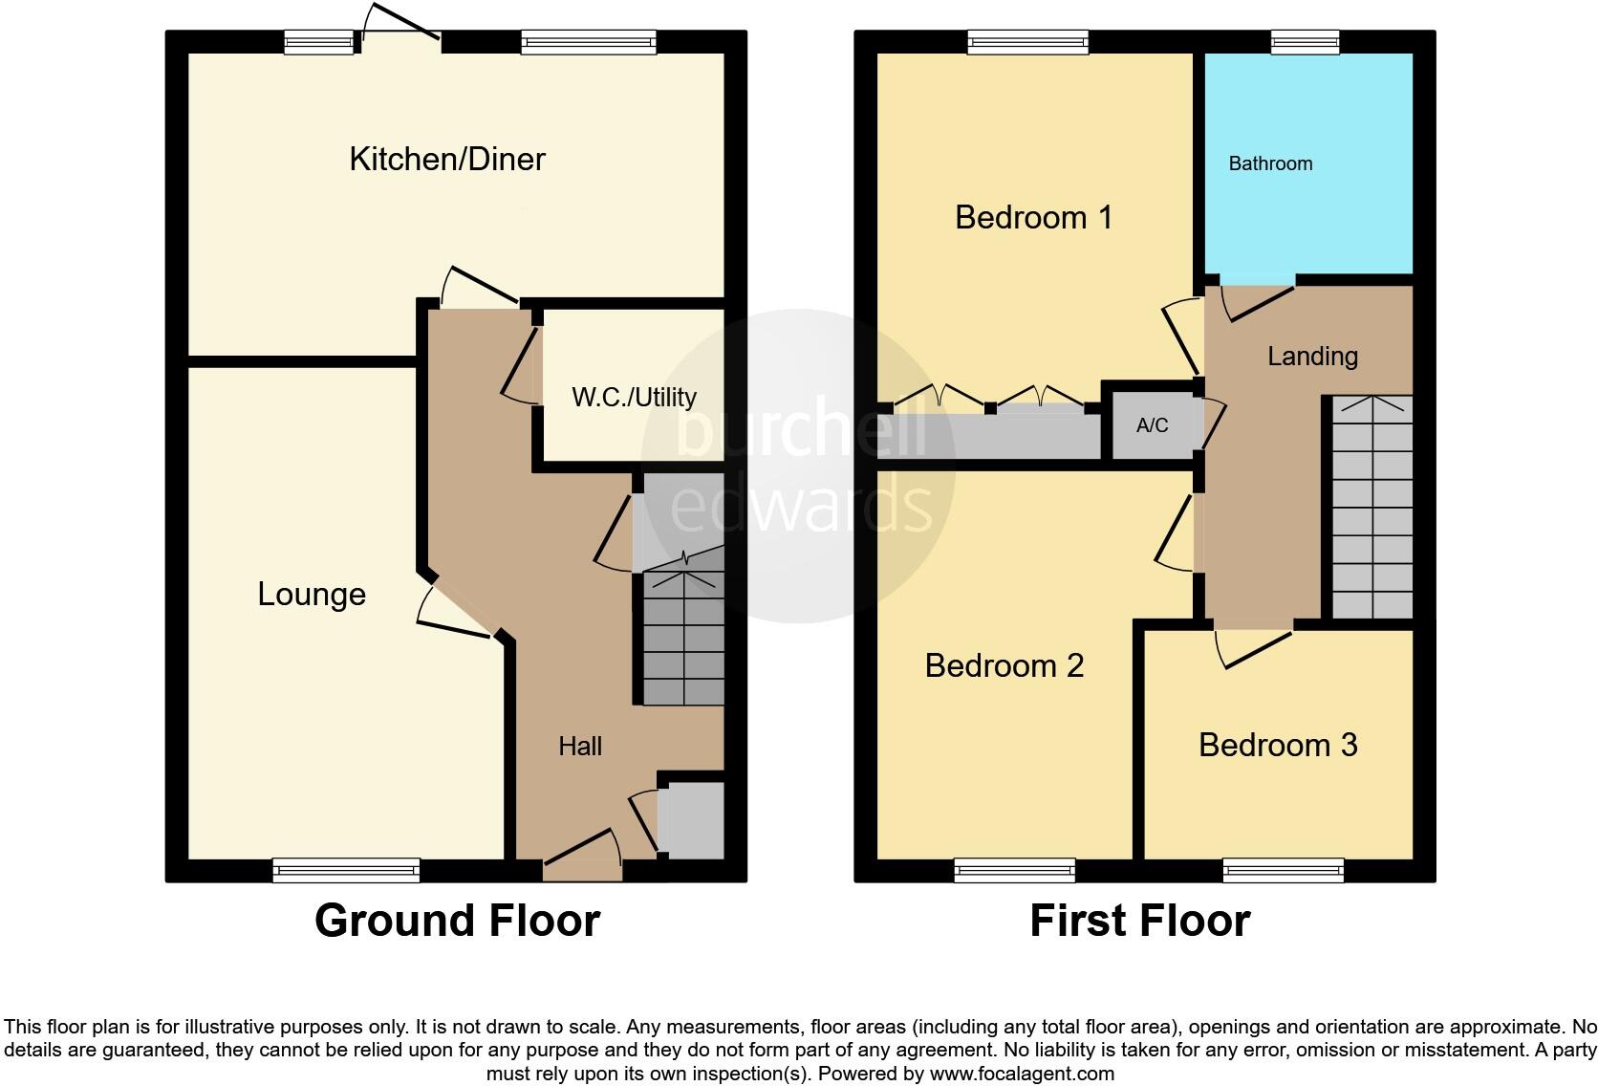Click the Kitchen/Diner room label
(x=447, y=159)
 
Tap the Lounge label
(x=312, y=595)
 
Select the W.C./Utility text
(x=634, y=398)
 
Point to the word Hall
(x=580, y=747)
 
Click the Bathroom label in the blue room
(x=1270, y=163)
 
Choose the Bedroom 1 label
(x=1033, y=218)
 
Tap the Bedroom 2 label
(x=1004, y=665)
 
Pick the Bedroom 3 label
(x=1278, y=745)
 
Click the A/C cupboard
(x=1152, y=425)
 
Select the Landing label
(x=1312, y=357)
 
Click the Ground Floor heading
(x=457, y=921)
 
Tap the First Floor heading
(x=1139, y=921)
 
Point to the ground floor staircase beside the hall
(x=682, y=631)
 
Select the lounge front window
(x=346, y=870)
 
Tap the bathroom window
(x=1305, y=41)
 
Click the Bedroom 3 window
(x=1283, y=870)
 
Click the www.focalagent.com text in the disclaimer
(x=1021, y=1074)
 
